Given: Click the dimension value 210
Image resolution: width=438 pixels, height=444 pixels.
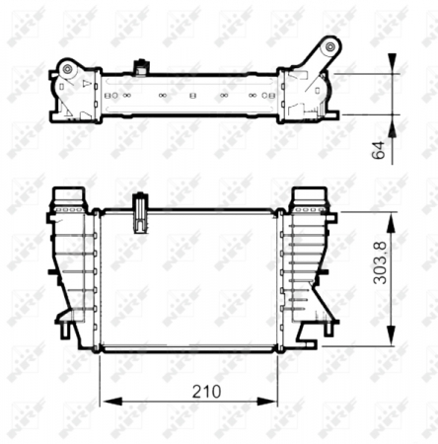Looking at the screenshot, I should point(205,391).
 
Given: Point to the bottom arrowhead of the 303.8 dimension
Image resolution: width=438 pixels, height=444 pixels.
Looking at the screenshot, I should point(393,335).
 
